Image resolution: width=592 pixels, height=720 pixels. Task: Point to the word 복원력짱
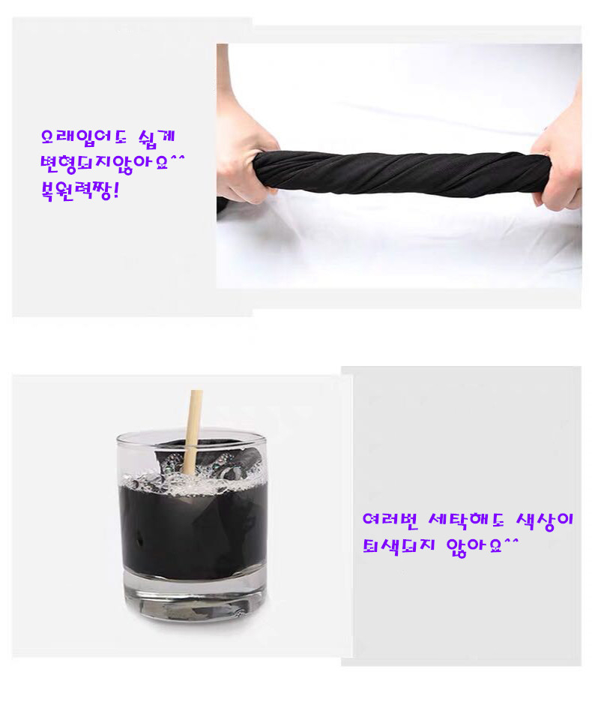tap(76, 190)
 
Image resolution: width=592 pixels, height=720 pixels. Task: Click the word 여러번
tap(390, 519)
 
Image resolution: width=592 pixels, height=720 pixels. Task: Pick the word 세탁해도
tap(466, 519)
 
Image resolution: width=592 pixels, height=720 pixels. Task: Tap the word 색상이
tap(544, 520)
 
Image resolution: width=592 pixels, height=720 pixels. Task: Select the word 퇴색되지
tap(399, 545)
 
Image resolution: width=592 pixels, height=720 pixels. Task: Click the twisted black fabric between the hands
tap(402, 172)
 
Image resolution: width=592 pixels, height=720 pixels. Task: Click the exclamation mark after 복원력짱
tap(115, 190)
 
